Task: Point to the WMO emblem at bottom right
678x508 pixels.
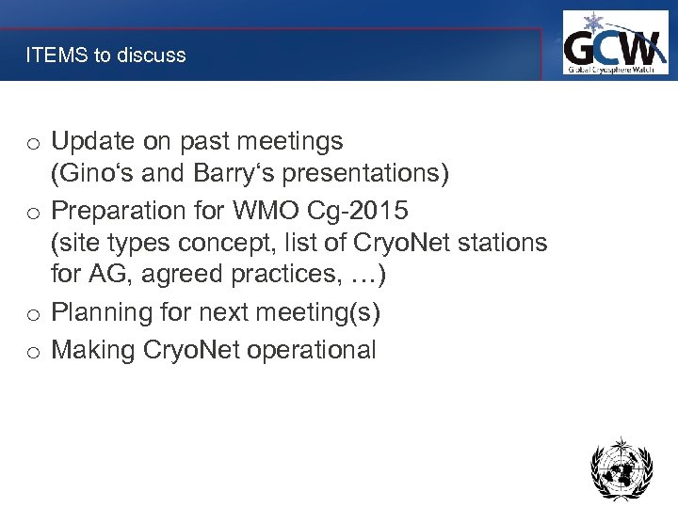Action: [621, 468]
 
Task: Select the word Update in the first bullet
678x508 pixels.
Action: [93, 142]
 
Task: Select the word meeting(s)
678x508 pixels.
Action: [323, 313]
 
